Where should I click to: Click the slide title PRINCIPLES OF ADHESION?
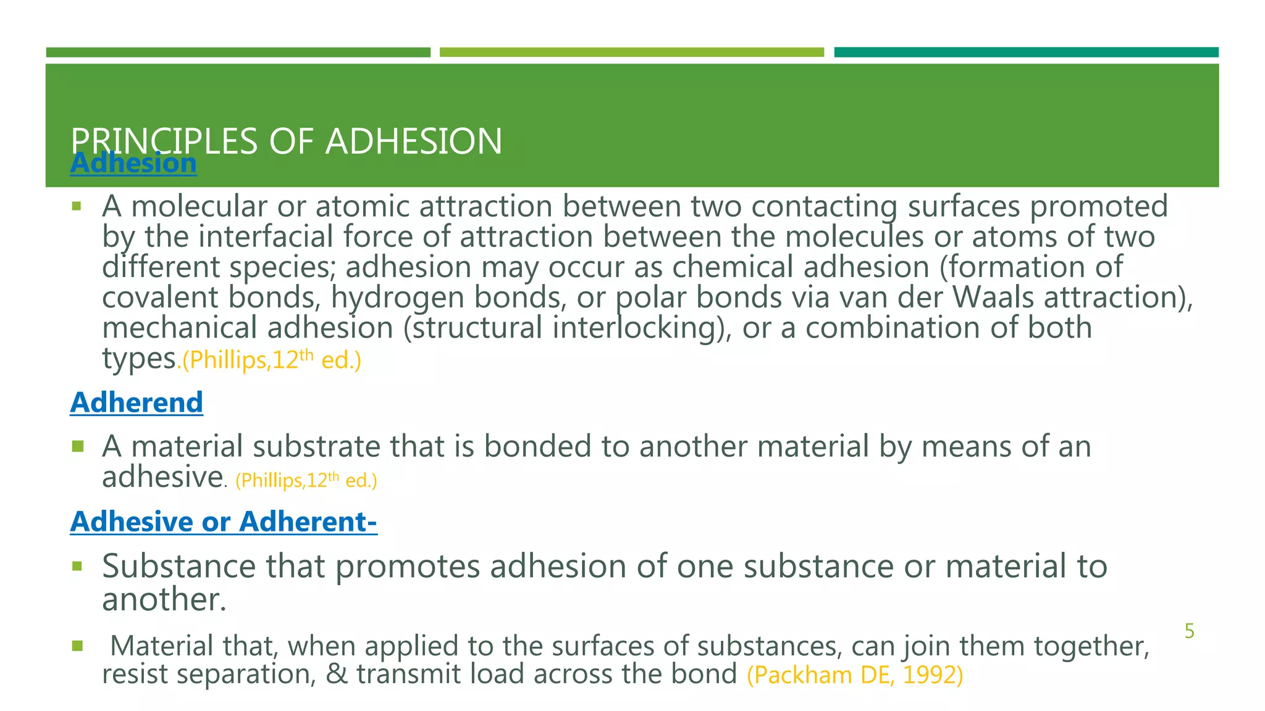pos(286,141)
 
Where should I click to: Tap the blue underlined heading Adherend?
pos(137,402)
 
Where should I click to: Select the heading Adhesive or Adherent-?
pos(224,522)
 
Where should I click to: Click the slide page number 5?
pos(1189,631)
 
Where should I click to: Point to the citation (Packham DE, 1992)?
pos(855,675)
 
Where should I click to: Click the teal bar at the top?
pos(1026,52)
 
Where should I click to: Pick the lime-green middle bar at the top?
pos(631,52)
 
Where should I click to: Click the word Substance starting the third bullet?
pos(179,566)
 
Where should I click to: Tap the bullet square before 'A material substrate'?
pos(77,446)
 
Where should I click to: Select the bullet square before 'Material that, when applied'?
pos(77,646)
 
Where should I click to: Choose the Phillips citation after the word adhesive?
pos(306,480)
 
